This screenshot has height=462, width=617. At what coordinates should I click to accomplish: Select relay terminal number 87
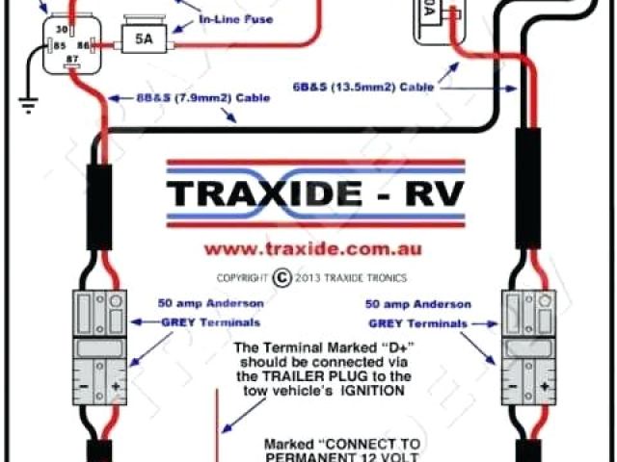pos(69,61)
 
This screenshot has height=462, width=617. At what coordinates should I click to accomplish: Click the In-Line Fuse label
pos(236,19)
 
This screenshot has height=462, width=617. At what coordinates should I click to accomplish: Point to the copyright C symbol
pos(282,277)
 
